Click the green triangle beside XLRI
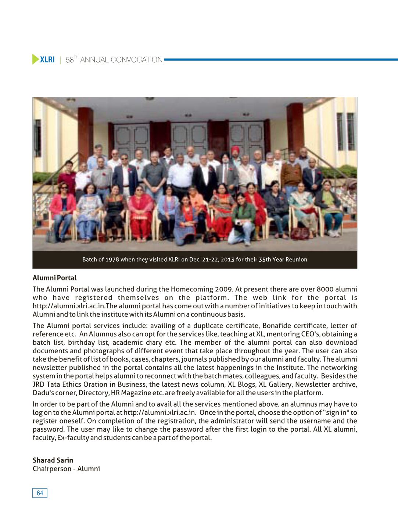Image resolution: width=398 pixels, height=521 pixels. point(35,59)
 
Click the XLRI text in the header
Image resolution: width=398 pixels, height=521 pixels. point(47,60)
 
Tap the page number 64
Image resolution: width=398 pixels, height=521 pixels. point(40,493)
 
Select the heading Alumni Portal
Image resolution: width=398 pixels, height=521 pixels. point(54,278)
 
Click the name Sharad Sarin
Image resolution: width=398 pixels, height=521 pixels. point(53,460)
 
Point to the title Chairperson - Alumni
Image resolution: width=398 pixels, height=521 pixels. point(66,469)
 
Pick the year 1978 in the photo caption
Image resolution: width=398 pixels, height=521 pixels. point(112,259)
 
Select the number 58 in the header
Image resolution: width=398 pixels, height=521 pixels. point(69,60)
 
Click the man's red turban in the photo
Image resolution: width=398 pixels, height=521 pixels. point(234,149)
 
